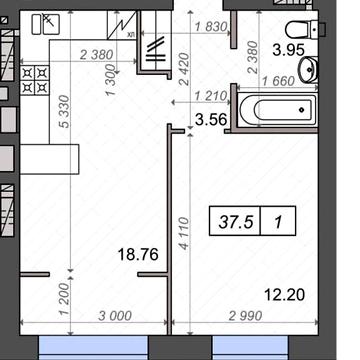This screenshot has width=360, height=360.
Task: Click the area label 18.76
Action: pos(139,254)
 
